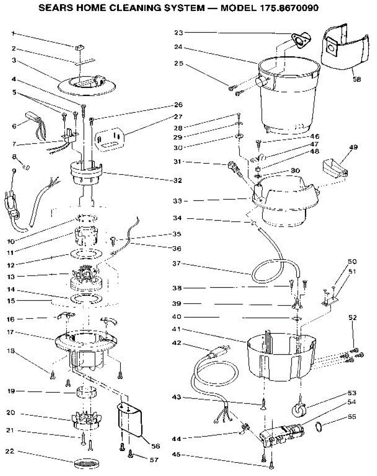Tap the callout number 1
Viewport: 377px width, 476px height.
pos(13,34)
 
